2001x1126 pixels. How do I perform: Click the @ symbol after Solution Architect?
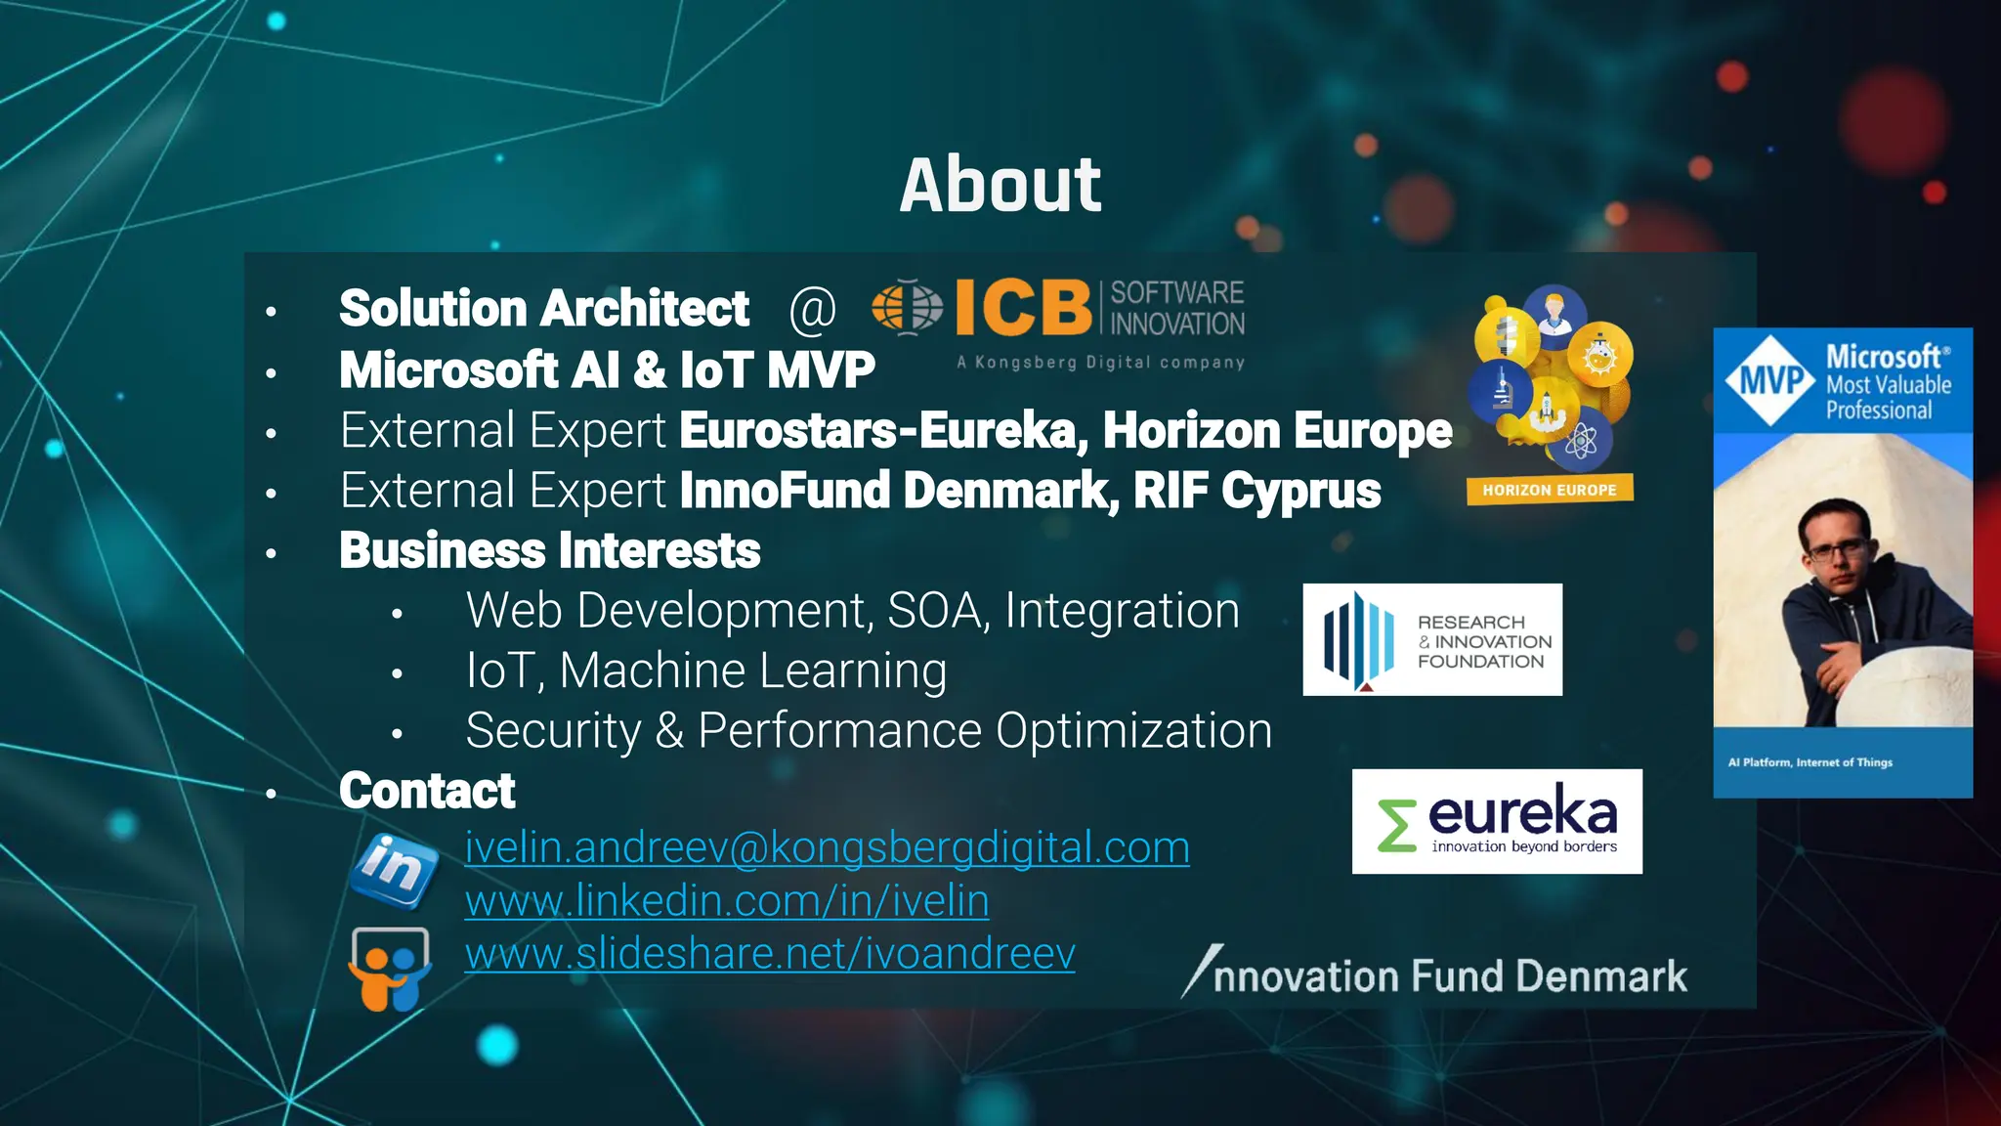coord(813,309)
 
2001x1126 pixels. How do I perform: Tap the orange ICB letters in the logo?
coord(1022,307)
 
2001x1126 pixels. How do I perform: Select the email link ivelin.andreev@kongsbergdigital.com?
coord(827,847)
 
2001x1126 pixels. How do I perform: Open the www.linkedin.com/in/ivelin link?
coord(727,900)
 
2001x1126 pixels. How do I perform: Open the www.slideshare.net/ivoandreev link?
coord(770,953)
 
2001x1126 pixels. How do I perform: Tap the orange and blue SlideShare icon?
coord(390,969)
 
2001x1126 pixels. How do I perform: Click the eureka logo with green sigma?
coord(1497,821)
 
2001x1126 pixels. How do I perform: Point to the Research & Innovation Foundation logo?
coord(1432,640)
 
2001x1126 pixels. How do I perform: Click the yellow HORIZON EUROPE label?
coord(1550,490)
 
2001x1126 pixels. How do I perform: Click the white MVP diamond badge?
coord(1770,380)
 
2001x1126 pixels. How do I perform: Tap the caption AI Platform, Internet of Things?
coord(1809,762)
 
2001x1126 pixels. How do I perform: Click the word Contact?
coord(427,791)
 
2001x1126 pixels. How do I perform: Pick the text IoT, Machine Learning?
coord(706,671)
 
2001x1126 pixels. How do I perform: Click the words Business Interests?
coord(549,551)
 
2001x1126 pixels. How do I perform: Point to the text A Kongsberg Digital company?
coord(1100,363)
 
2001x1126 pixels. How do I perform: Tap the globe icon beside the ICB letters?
coord(907,307)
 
